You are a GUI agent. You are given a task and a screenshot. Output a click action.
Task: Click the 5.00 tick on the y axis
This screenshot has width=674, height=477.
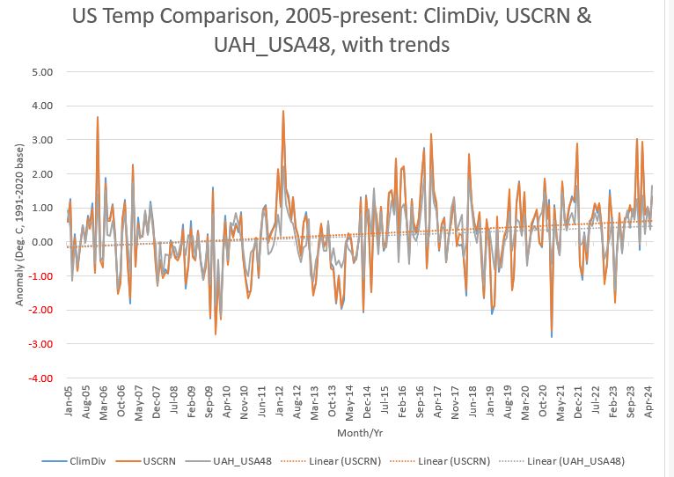[41, 71]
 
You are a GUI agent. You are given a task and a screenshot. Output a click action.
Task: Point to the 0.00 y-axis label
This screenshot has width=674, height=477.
[41, 242]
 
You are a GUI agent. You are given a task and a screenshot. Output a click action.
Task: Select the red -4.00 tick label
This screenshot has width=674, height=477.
[40, 378]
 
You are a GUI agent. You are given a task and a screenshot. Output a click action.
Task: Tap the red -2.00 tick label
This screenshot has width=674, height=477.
[40, 311]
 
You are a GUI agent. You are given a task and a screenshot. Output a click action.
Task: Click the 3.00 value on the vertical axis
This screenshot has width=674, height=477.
[41, 140]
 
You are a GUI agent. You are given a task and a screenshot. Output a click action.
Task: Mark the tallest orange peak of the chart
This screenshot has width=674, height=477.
[282, 112]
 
